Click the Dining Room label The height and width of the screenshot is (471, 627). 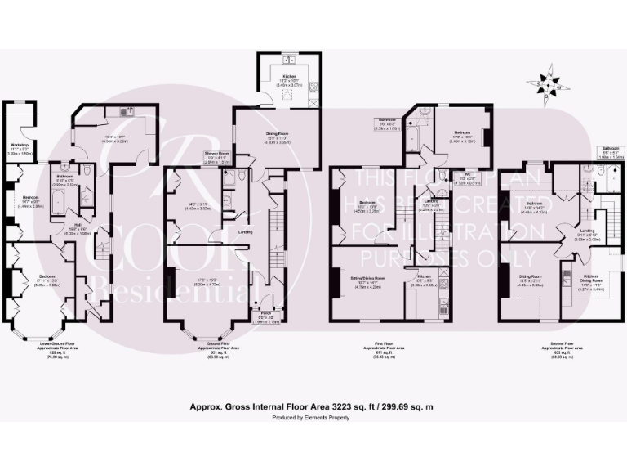point(278,132)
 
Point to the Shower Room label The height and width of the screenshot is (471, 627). point(217,153)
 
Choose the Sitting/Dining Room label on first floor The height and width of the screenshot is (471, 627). point(367,278)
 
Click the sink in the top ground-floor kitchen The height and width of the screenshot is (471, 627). point(289,60)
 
